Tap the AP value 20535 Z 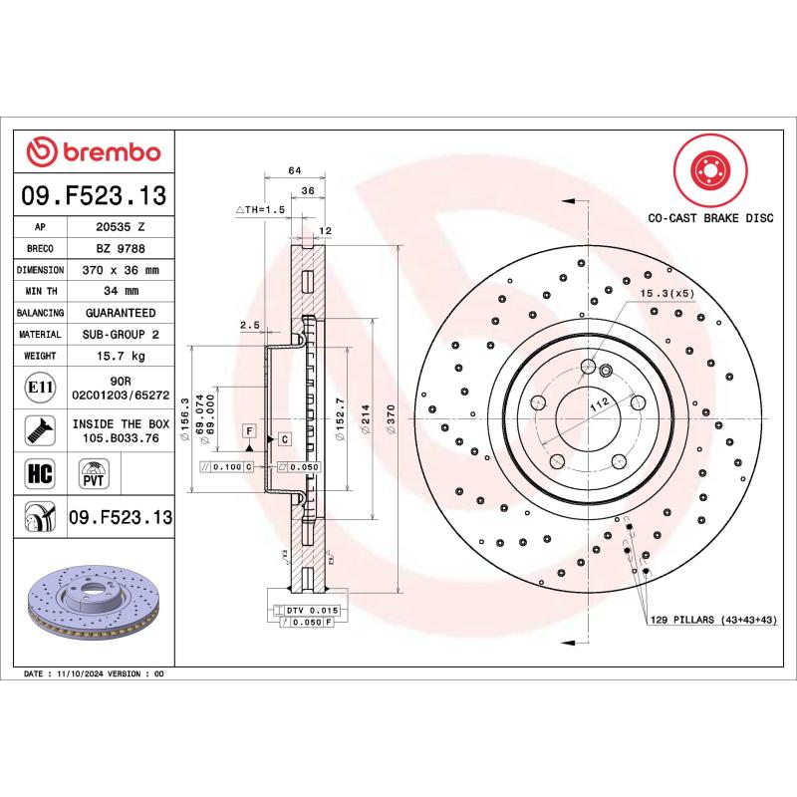coord(122,226)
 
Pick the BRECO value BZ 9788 coord(122,248)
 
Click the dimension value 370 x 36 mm coord(122,270)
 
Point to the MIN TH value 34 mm coord(122,291)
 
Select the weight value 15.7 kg coord(122,356)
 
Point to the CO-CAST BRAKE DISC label coord(710,216)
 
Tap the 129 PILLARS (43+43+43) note coord(711,620)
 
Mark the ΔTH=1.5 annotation coord(260,210)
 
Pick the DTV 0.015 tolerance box coord(313,609)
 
